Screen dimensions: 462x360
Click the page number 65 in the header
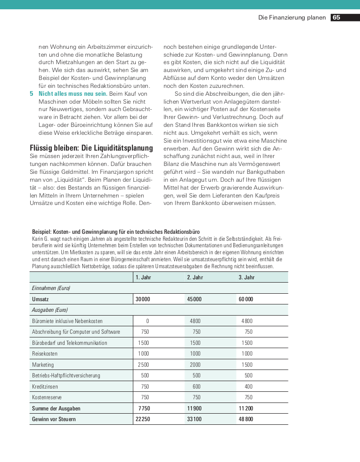pyautogui.click(x=336, y=18)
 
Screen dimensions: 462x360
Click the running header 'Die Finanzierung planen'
pyautogui.click(x=292, y=18)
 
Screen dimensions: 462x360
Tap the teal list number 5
pyautogui.click(x=32, y=93)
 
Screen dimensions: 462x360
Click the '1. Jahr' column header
pyautogui.click(x=144, y=277)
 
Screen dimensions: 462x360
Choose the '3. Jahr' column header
pyautogui.click(x=247, y=277)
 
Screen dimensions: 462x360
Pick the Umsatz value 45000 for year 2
pyautogui.click(x=194, y=299)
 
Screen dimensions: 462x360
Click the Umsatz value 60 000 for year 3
pyautogui.click(x=246, y=299)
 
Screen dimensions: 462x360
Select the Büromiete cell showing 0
pyautogui.click(x=147, y=321)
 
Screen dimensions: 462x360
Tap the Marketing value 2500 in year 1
pyautogui.click(x=144, y=365)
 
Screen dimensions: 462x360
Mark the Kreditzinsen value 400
pyautogui.click(x=249, y=387)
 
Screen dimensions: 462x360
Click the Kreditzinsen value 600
pyautogui.click(x=196, y=387)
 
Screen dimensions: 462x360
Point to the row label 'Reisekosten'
pyautogui.click(x=46, y=354)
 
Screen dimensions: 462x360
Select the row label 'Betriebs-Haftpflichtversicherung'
pyautogui.click(x=66, y=376)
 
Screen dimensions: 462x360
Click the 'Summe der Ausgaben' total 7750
pyautogui.click(x=144, y=409)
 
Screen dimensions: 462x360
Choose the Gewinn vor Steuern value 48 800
pyautogui.click(x=246, y=419)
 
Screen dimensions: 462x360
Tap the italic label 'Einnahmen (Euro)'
pyautogui.click(x=51, y=288)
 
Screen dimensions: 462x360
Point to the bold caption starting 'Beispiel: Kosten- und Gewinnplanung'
pyautogui.click(x=116, y=231)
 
